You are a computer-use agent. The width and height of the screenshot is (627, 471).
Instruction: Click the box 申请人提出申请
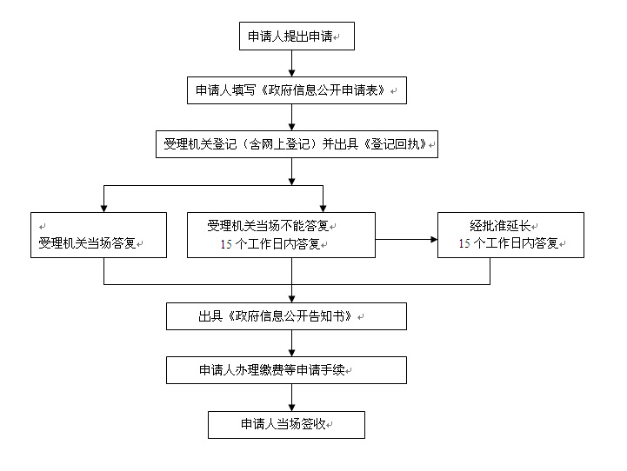[297, 36]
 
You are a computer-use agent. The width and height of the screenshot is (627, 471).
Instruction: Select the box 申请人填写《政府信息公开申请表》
[297, 90]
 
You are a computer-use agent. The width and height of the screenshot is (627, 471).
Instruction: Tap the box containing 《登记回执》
[297, 144]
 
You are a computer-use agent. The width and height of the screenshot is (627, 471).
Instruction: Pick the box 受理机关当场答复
[98, 235]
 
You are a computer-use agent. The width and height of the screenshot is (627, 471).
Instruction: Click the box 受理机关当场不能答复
[281, 235]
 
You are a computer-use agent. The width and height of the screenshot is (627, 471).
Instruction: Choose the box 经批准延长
[510, 235]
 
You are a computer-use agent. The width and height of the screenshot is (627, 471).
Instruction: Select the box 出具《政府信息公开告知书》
[286, 316]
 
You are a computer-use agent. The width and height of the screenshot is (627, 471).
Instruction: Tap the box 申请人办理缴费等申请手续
[286, 370]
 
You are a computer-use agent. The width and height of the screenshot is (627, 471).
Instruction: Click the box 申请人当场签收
[286, 425]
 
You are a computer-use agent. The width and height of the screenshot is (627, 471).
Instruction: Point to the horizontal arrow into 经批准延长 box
[406, 240]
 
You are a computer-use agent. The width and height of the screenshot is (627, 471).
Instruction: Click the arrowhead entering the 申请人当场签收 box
[292, 408]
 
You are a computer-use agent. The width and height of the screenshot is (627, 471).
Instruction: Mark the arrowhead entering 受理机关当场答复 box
[104, 209]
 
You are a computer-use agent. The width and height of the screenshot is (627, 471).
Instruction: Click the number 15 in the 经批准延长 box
[464, 243]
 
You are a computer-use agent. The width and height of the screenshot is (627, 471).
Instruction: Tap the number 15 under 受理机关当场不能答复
[226, 244]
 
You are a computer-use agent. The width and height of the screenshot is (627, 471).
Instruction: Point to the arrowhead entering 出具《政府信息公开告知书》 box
[292, 299]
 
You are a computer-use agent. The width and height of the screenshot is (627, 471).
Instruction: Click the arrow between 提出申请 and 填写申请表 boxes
[292, 63]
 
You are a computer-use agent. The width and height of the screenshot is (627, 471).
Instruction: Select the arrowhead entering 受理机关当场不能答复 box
[324, 209]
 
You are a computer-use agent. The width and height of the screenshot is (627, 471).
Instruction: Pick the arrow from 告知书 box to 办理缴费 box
[292, 343]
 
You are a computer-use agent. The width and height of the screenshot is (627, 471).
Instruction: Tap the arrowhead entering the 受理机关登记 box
[292, 127]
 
